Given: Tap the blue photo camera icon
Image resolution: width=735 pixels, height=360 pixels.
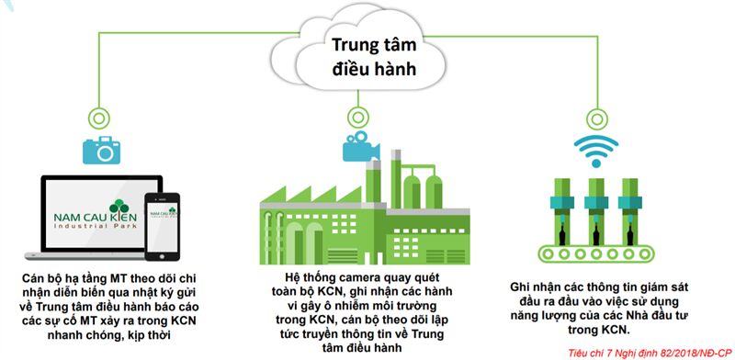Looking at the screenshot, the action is (101, 150).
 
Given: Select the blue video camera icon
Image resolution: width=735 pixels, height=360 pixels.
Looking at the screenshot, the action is (360, 146).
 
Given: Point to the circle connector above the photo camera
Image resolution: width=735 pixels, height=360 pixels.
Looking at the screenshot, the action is (99, 118).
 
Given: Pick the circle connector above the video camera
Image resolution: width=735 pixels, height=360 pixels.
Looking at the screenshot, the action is (357, 117).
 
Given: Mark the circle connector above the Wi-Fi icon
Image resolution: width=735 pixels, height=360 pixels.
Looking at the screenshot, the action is (596, 118).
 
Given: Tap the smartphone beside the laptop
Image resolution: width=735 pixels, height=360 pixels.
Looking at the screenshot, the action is (163, 227).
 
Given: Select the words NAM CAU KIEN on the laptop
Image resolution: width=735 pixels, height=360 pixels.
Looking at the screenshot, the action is (96, 218).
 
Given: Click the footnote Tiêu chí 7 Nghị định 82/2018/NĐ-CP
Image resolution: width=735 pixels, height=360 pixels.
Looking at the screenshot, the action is (650, 352).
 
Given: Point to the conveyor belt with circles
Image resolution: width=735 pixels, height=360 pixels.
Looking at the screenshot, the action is (596, 253).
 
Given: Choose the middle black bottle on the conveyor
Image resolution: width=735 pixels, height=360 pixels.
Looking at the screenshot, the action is (596, 233).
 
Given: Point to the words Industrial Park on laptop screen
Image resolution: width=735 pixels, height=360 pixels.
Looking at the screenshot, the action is (96, 227).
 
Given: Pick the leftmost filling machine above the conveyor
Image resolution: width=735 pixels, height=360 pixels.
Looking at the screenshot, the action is (561, 211).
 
